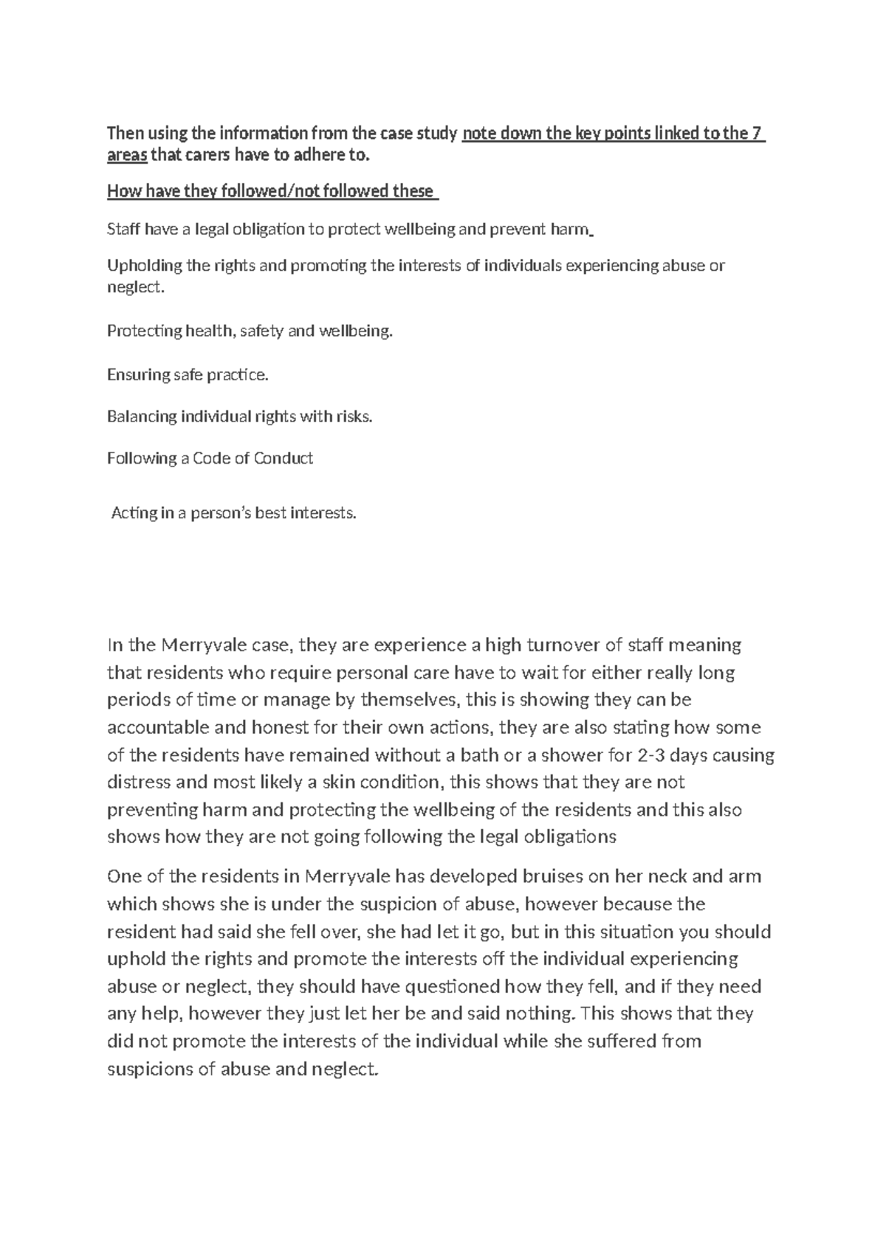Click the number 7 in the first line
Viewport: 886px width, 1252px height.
click(756, 134)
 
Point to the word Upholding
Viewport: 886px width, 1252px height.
click(140, 266)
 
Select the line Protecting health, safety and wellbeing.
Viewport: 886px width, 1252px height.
click(250, 331)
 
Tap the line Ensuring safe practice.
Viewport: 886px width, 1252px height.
click(188, 375)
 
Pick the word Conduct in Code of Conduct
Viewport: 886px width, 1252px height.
click(284, 458)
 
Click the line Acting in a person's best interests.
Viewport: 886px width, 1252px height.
click(233, 512)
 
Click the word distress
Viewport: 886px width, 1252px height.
click(136, 782)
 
